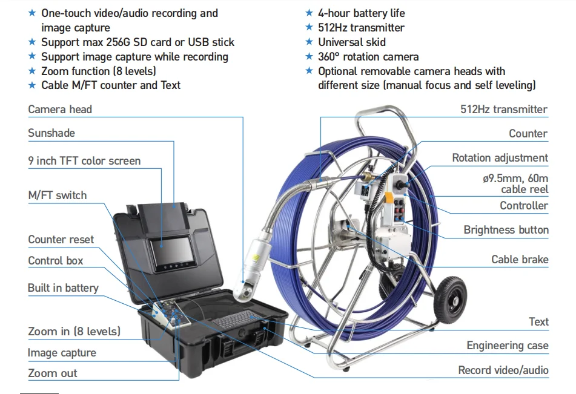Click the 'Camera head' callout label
[x=60, y=110]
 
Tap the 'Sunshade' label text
[x=51, y=133]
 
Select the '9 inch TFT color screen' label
[x=84, y=161]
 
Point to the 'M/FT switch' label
[x=58, y=195]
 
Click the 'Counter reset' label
[x=61, y=240]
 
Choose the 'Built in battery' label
[x=63, y=288]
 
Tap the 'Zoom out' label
[x=53, y=373]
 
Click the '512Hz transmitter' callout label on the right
[x=504, y=110]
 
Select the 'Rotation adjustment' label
[x=500, y=158]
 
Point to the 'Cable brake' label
[x=520, y=260]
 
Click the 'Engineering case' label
[x=508, y=346]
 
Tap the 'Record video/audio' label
[x=503, y=370]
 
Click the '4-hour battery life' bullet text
[x=362, y=13]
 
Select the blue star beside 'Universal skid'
[x=310, y=42]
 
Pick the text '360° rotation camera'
[x=368, y=57]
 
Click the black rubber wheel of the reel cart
[x=451, y=300]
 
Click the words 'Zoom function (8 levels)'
[x=99, y=71]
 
